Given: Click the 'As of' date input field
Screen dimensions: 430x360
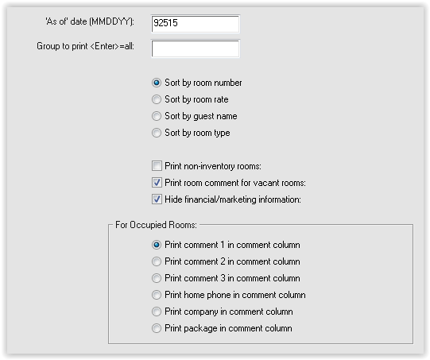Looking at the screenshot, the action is coord(196,24).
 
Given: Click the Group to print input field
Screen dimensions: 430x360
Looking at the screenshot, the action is coord(196,48).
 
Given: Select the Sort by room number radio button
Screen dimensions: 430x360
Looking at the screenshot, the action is coord(157,83).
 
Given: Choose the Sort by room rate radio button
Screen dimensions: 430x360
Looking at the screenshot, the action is coord(157,99).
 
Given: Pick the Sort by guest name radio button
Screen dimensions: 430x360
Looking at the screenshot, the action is coord(157,116).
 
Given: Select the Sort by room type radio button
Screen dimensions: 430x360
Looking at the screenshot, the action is coord(157,133).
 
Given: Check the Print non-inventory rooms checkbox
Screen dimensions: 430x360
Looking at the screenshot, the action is coord(157,166).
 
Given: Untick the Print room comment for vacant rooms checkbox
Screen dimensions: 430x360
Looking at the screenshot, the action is coord(157,183).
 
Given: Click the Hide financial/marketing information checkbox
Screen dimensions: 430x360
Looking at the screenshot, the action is coord(157,199).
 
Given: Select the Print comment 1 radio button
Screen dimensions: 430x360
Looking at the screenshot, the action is coord(157,245).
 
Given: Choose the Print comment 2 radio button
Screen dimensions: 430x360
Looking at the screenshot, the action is coord(157,261).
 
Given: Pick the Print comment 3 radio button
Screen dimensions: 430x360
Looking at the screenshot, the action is coord(157,278).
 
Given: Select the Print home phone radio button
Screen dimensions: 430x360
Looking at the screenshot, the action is coord(157,295).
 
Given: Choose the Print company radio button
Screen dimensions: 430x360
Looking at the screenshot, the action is coord(157,312).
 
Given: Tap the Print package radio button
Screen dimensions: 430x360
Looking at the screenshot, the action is coord(157,328).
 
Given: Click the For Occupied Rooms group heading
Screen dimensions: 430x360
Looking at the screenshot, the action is coord(156,225).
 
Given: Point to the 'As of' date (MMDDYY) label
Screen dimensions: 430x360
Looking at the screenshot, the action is coord(90,21).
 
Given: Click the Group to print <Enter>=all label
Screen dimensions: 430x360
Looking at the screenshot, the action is coord(86,46).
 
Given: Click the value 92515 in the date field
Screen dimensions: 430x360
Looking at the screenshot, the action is coord(165,22).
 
